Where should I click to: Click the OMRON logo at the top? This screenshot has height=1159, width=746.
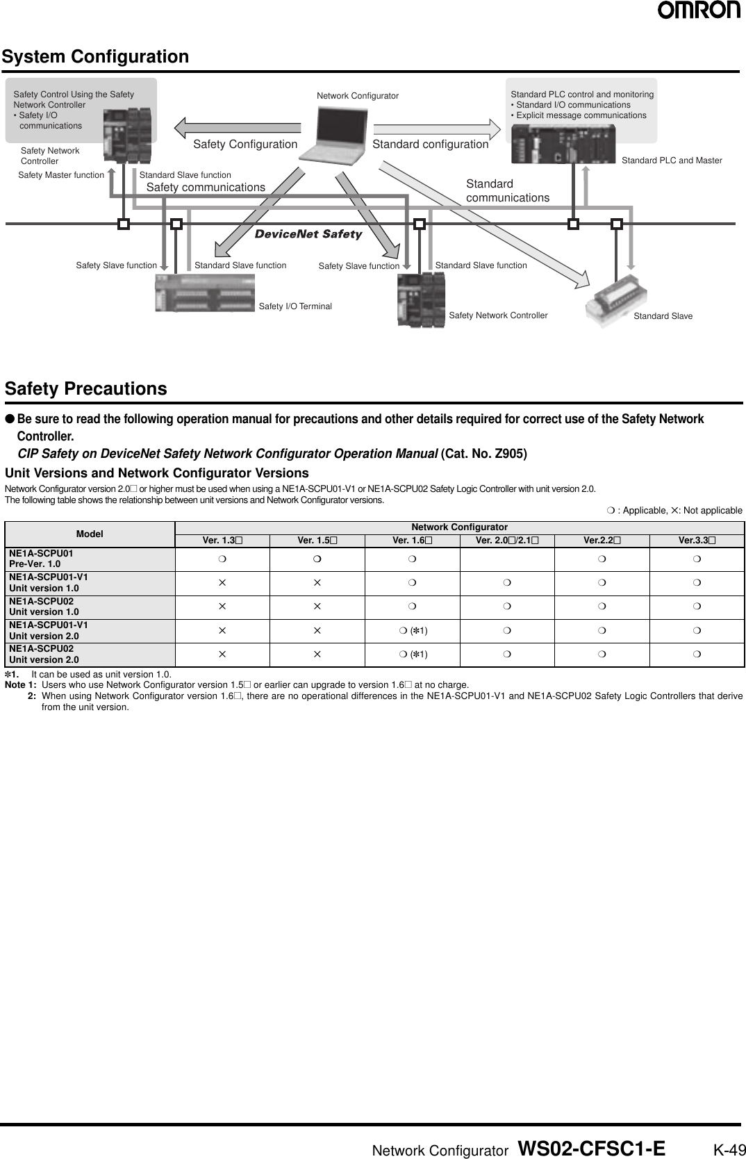[x=698, y=10]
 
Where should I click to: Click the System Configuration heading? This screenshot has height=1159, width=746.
[x=95, y=56]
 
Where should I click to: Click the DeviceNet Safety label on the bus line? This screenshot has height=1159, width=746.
[x=308, y=234]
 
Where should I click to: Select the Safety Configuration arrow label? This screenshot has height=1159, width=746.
[x=244, y=145]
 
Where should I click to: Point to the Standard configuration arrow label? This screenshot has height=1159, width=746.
[x=430, y=145]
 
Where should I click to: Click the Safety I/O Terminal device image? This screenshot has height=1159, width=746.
[x=204, y=293]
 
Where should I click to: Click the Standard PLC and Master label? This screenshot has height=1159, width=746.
[x=671, y=161]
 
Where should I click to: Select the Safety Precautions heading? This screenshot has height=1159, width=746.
[x=86, y=388]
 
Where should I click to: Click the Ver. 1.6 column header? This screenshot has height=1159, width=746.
[x=412, y=541]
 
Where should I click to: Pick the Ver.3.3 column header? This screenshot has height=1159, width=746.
[x=696, y=541]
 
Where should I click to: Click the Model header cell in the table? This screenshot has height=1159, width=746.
[x=90, y=534]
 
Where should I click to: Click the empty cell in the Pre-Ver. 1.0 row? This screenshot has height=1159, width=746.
[x=507, y=559]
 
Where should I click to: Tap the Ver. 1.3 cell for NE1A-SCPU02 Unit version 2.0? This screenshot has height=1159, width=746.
[x=222, y=655]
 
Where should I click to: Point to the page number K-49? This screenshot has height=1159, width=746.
[x=729, y=1150]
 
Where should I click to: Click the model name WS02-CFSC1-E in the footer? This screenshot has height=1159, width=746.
[x=591, y=1149]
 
